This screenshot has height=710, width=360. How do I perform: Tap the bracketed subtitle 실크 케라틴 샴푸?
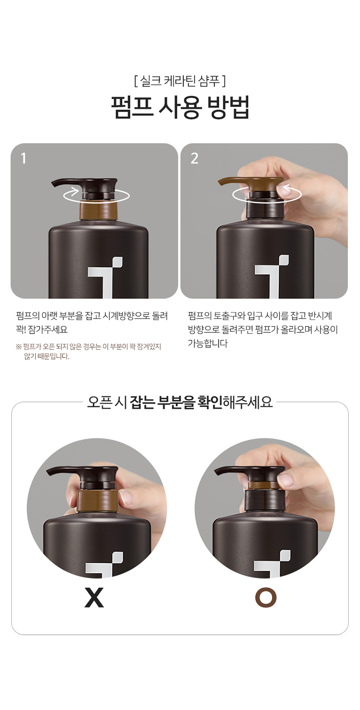180,81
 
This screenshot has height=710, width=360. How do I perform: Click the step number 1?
23,158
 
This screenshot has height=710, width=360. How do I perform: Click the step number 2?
194,158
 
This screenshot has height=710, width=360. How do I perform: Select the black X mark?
94,597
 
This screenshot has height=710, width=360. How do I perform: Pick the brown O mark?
265,597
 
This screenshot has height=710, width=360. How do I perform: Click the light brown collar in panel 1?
98,210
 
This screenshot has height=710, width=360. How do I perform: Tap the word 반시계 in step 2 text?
320,316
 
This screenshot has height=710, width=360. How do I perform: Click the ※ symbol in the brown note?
18,347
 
